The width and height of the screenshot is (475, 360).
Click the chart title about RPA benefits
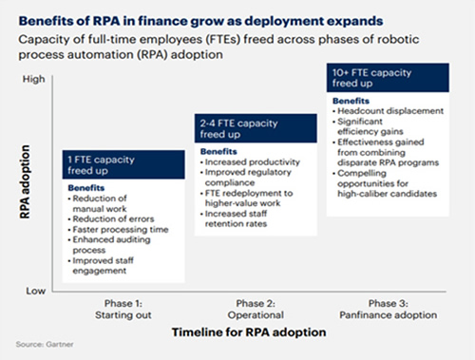click(x=200, y=21)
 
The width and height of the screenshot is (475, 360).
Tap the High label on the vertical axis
click(x=33, y=79)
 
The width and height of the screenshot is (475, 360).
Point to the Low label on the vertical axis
click(x=35, y=291)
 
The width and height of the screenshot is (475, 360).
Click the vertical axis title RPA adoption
click(x=25, y=181)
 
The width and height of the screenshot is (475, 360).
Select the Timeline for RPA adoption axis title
click(x=249, y=332)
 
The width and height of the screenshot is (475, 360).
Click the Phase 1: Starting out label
click(x=123, y=309)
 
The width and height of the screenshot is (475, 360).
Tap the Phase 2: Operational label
click(x=256, y=309)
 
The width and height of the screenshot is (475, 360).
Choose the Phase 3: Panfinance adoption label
click(x=389, y=309)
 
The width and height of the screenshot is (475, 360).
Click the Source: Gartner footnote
click(x=45, y=344)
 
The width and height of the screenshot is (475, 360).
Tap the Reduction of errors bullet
click(x=111, y=218)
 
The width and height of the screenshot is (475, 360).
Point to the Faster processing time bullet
click(x=118, y=229)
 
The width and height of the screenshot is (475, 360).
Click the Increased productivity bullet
click(x=250, y=162)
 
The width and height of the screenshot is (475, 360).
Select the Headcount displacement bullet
click(x=388, y=111)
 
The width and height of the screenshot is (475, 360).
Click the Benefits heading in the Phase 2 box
click(x=218, y=152)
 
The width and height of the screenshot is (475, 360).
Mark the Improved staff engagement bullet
click(x=101, y=266)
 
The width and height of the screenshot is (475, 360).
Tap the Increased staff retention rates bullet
click(x=234, y=218)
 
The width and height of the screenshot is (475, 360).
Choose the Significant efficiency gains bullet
click(x=368, y=126)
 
